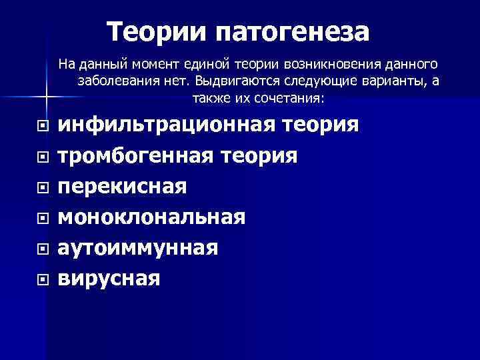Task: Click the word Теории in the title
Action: click(x=157, y=31)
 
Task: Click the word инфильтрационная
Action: click(x=167, y=125)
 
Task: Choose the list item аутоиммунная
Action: click(x=138, y=247)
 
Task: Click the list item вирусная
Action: click(x=109, y=278)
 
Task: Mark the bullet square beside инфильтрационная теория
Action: click(x=43, y=125)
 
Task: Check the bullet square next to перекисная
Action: click(x=43, y=187)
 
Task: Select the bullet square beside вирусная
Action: click(x=43, y=279)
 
